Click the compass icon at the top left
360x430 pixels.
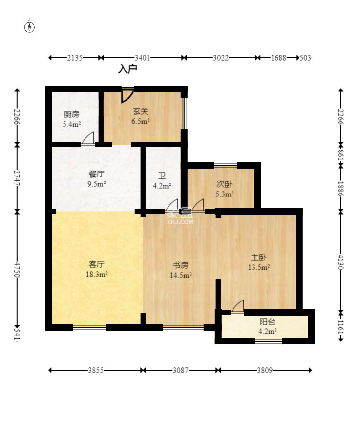point(30,26)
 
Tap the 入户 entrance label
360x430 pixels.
point(127,69)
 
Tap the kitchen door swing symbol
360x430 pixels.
point(88,139)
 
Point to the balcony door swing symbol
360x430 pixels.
point(237,306)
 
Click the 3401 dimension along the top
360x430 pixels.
point(142,58)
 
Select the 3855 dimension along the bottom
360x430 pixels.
point(96,370)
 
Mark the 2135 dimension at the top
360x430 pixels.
point(75,58)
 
